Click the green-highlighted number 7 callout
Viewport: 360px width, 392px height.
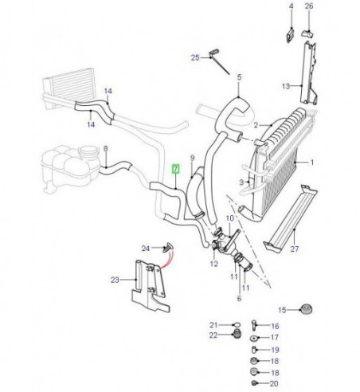tap(176, 169)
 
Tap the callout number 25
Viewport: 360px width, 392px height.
tap(195, 57)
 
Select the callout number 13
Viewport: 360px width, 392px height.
tap(286, 86)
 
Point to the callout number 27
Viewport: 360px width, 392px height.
tap(295, 249)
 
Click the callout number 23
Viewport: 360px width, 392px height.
tap(115, 280)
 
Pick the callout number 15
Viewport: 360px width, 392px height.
tap(282, 310)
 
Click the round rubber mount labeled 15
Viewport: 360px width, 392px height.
tap(307, 310)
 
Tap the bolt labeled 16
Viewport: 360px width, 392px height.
tap(253, 325)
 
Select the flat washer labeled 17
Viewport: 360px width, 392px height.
tap(253, 339)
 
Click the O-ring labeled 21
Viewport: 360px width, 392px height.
tap(237, 324)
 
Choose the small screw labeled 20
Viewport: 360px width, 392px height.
tap(253, 382)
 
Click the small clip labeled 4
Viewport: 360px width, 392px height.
tap(290, 36)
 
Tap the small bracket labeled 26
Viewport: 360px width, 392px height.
tap(307, 33)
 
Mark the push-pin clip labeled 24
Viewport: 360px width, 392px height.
tap(169, 246)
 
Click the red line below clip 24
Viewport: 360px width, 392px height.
tap(167, 260)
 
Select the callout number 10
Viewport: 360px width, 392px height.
tap(230, 218)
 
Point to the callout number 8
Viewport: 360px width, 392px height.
tap(106, 148)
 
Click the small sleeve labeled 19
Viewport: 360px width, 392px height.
tap(253, 349)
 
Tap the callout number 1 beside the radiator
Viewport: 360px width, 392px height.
tap(312, 163)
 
